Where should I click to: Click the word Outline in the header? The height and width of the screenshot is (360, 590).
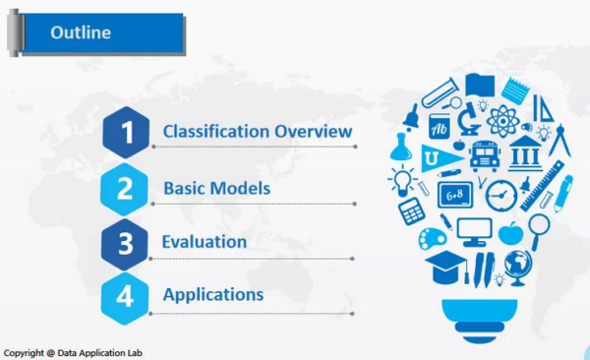click(80, 32)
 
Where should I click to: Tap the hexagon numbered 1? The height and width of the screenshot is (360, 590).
click(126, 132)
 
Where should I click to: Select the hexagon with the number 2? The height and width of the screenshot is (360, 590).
click(126, 187)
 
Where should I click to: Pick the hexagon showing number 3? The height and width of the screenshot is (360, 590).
click(126, 241)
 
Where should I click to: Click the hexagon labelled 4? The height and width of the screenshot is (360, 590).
click(126, 295)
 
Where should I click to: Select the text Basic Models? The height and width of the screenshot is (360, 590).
click(216, 187)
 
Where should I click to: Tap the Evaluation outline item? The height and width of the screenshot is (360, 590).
click(205, 241)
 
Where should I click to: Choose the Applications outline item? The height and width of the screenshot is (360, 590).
click(212, 294)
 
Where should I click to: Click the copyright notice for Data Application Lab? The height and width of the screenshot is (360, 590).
click(73, 351)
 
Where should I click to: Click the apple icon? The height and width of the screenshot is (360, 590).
click(509, 233)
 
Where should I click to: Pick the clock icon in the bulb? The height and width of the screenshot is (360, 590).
click(501, 194)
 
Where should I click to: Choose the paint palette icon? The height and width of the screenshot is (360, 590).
click(434, 237)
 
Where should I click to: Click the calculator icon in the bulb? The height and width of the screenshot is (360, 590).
click(411, 210)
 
